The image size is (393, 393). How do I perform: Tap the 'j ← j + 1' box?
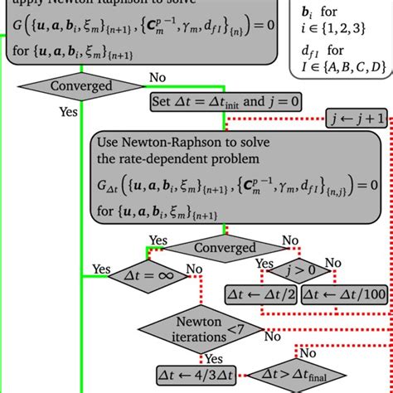pos(357,119)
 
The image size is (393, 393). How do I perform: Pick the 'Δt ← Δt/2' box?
pos(260,293)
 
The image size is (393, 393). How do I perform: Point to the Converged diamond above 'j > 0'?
pos(225,248)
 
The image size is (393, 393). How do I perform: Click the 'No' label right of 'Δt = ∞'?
pos(193,269)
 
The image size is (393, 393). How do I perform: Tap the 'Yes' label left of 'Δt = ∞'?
pos(101,269)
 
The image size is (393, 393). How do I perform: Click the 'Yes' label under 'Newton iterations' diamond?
pos(213,359)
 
